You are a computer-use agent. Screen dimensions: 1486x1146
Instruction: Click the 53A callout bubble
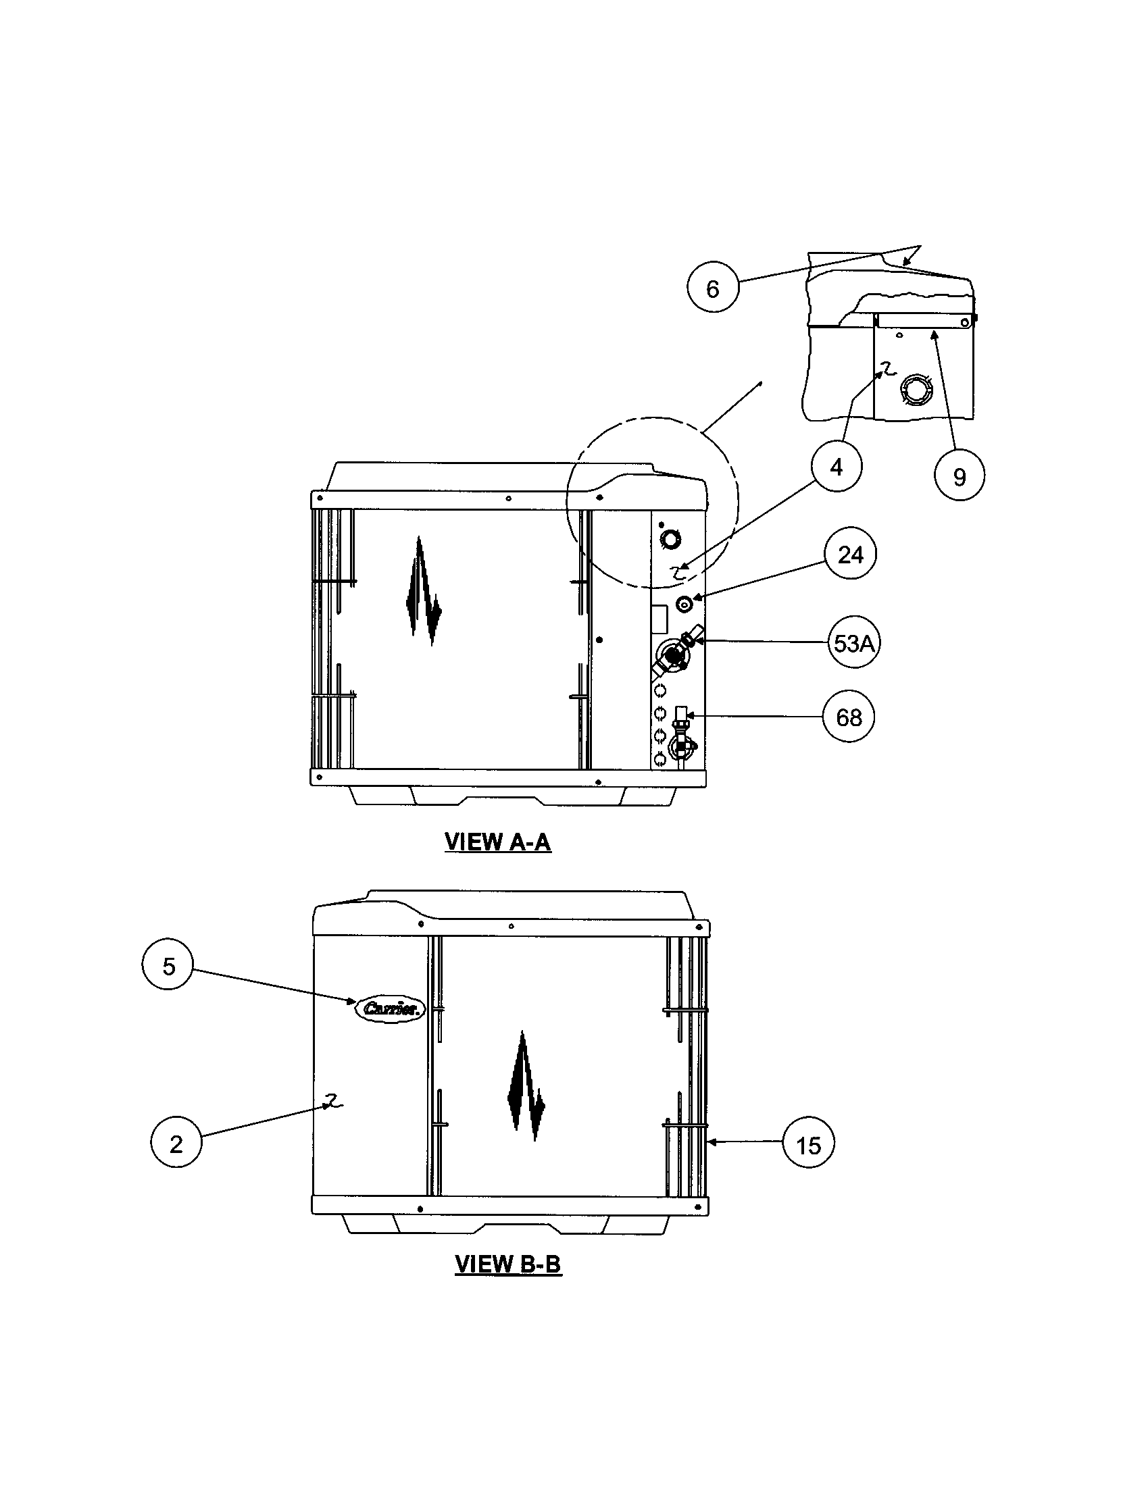tap(853, 642)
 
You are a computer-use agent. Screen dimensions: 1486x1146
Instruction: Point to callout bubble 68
tap(848, 717)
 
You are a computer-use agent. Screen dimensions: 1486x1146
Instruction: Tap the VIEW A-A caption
tap(497, 842)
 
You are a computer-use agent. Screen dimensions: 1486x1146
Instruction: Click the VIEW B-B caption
tap(507, 1264)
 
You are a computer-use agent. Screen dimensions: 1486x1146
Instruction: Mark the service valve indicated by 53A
tap(674, 655)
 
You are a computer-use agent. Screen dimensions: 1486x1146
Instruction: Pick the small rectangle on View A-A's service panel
tap(658, 620)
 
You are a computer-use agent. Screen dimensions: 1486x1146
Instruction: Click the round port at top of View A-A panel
tap(670, 540)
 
